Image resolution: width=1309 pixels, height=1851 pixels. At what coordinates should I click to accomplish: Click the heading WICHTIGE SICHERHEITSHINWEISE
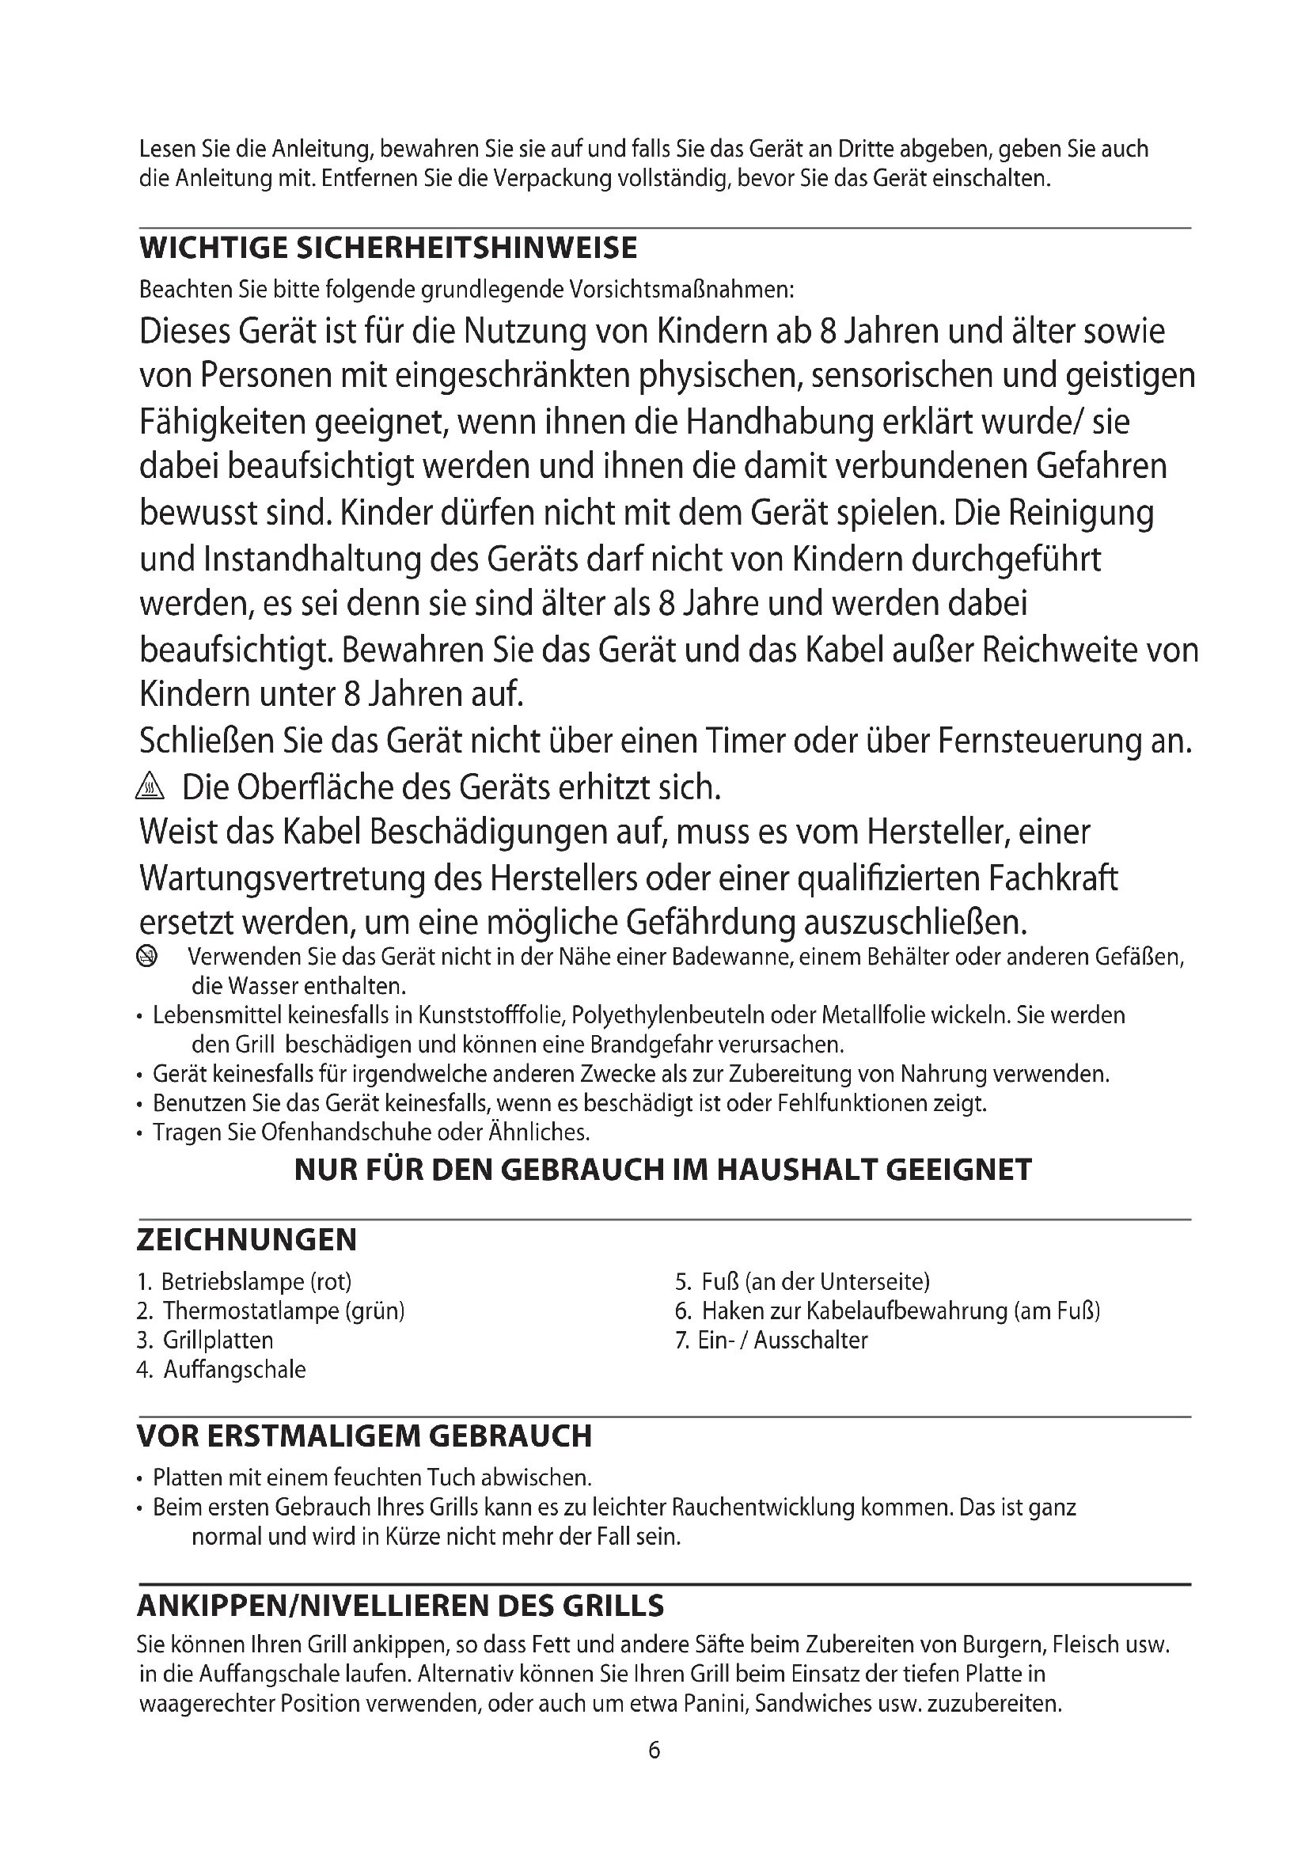coord(388,248)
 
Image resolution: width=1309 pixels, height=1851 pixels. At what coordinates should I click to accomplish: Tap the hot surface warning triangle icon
coord(150,786)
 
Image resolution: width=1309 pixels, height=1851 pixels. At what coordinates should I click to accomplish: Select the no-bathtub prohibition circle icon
coord(146,957)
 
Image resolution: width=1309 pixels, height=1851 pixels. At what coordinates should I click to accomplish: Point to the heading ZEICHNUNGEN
coord(247,1240)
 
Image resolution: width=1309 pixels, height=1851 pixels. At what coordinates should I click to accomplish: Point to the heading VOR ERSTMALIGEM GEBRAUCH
coord(364,1436)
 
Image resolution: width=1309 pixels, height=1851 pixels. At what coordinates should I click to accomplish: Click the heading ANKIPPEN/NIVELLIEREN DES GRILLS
coord(400,1606)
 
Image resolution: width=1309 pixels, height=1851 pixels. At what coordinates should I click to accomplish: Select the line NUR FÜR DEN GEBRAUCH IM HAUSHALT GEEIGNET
coord(662,1170)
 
